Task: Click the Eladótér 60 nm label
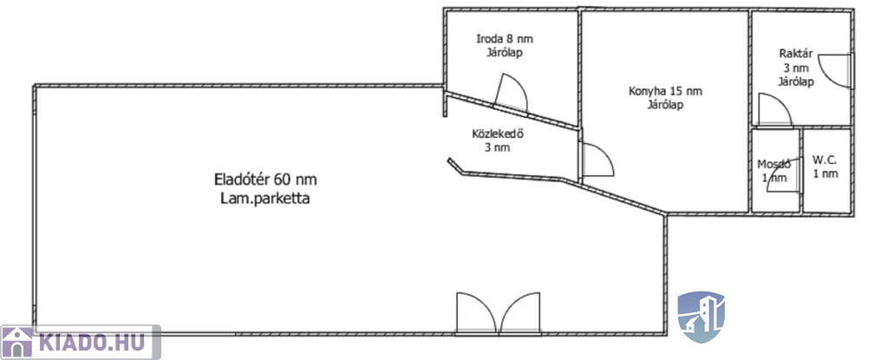pos(265,180)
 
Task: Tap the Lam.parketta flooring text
pos(265,199)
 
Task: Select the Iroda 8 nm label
pos(504,39)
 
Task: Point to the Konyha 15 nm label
pos(665,91)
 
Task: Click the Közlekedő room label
pos(497,134)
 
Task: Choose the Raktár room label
pos(796,54)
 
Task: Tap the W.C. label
pos(826,160)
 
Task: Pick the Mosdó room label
pos(774,165)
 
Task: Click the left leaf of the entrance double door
pos(476,313)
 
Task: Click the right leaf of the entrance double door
pos(520,313)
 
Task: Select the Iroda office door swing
pos(512,94)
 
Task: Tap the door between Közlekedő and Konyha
pos(597,160)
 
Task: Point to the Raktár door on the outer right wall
pos(836,70)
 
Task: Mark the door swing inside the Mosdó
pos(785,176)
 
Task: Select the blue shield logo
pos(701,317)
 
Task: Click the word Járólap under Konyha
pos(665,105)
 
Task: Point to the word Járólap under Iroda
pos(504,53)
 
